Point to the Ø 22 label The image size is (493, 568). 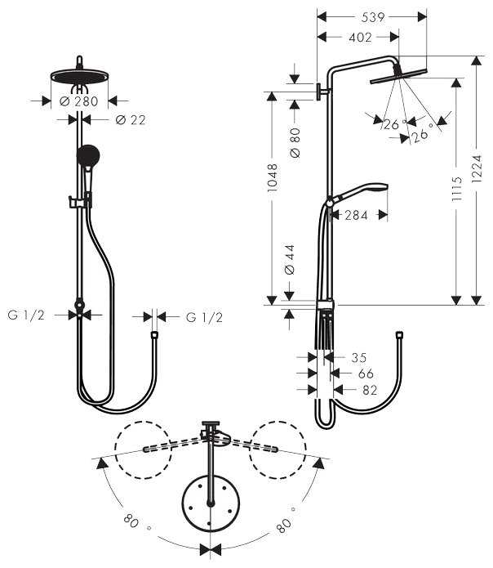[131, 120]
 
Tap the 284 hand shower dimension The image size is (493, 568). [355, 216]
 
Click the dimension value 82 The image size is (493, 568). [369, 391]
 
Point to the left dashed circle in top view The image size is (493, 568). [143, 449]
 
